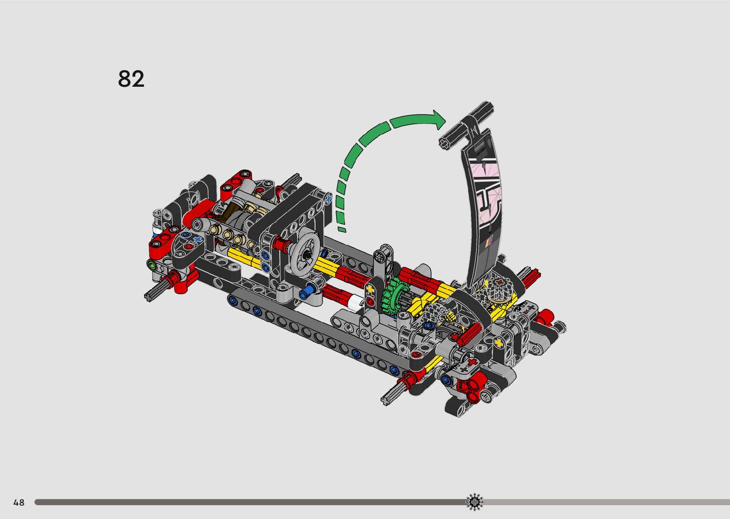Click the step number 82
(x=131, y=79)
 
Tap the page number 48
(x=19, y=502)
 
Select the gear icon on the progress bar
(x=474, y=502)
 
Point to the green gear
(x=394, y=296)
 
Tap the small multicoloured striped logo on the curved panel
(x=490, y=242)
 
